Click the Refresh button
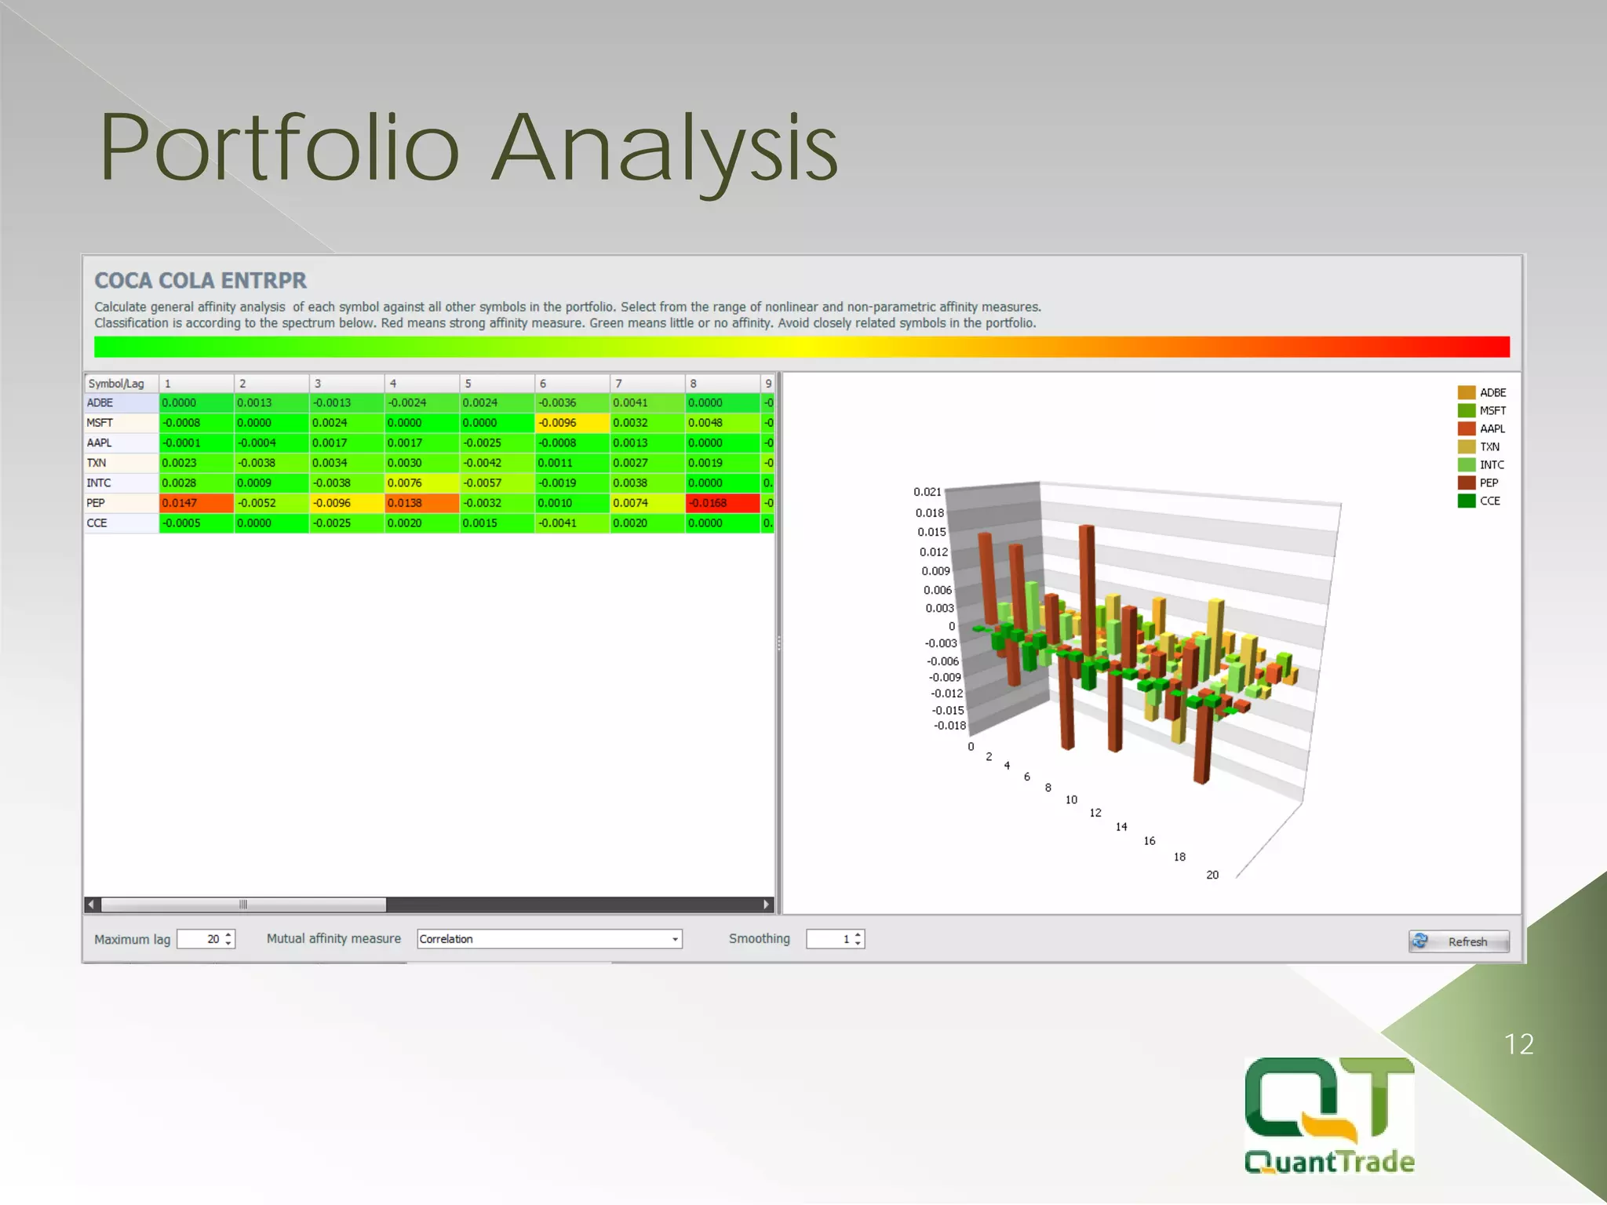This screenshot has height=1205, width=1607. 1458,941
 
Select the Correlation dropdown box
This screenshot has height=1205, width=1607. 548,939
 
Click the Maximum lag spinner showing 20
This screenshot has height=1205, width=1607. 206,939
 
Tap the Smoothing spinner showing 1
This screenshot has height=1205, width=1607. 834,939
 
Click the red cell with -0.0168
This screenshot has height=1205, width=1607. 722,503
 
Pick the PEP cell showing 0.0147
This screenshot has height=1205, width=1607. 195,503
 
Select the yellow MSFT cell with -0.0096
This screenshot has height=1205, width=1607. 571,423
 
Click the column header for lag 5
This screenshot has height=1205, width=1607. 496,384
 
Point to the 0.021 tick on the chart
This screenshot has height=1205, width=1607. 927,492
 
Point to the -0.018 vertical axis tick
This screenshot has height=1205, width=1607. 949,726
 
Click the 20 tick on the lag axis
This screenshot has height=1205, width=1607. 1212,875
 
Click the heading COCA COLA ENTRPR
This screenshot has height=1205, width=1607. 200,281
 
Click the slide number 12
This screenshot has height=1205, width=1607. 1518,1044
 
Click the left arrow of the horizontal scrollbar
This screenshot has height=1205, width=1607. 92,905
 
